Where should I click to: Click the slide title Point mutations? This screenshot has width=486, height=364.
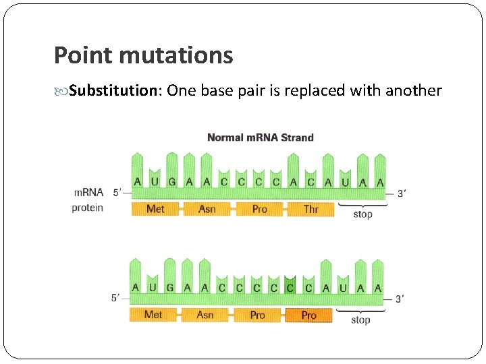coord(143,55)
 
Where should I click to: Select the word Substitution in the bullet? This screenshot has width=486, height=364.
coord(112,91)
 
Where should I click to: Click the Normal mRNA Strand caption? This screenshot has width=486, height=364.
coord(260,138)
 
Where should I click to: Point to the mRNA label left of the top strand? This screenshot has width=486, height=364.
coord(88,193)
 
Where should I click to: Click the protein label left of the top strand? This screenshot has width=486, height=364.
coord(88,208)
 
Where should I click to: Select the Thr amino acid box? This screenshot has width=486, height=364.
coord(310,209)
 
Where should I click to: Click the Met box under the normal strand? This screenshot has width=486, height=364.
coord(155,209)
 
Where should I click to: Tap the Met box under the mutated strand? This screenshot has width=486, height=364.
coord(153,315)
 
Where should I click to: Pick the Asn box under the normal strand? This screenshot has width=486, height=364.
coord(207,209)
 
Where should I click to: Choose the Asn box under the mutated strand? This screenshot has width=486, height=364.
coord(205,315)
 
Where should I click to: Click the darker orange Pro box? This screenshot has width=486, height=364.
coord(308,315)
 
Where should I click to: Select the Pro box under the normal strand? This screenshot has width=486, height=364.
coord(259,209)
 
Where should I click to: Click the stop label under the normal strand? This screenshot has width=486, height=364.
coord(362,214)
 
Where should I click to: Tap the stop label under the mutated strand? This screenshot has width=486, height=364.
coord(360,320)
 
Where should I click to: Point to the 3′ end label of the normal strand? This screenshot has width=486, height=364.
coord(401,193)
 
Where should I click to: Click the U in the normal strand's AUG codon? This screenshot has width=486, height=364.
coord(155,182)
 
